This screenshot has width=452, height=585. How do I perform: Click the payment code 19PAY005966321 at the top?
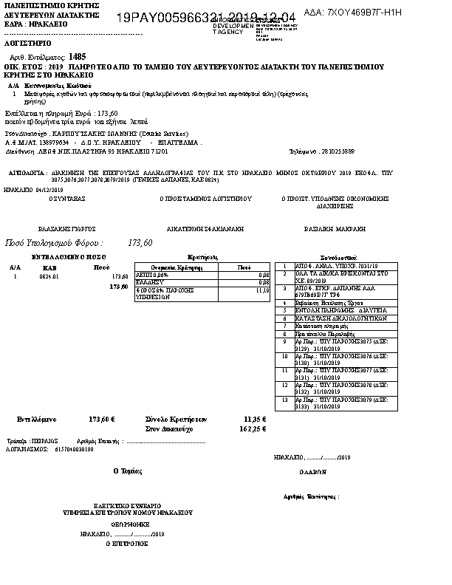coord(162,17)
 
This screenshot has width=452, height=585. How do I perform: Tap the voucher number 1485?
coord(78,56)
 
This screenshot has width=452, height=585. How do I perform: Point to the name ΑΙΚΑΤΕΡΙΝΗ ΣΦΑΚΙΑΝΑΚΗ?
coord(205,230)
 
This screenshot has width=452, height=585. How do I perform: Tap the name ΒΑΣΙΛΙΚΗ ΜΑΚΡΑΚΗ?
coord(332,230)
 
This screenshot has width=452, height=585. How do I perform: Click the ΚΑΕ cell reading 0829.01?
coord(49,276)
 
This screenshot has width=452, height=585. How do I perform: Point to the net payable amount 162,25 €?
coord(253,428)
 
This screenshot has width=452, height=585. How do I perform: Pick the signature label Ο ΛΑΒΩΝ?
coord(311,471)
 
